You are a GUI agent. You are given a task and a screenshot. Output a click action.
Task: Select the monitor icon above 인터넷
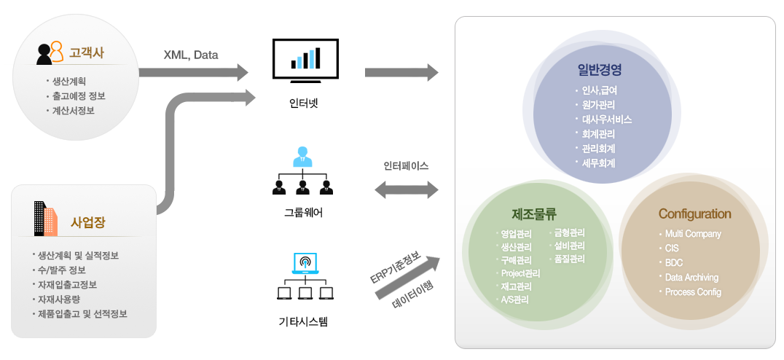(305, 59)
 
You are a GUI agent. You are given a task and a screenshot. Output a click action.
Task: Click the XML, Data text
(190, 54)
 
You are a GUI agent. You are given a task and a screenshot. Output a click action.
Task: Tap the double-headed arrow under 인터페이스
(406, 190)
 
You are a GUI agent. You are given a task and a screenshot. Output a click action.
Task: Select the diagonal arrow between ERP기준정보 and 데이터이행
(408, 278)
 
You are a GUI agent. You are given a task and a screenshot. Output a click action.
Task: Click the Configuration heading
(694, 214)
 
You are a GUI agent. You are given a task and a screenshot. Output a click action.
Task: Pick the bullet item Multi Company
(692, 234)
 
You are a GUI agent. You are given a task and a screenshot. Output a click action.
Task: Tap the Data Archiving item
(691, 277)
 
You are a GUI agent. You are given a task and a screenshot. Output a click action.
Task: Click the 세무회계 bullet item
(598, 163)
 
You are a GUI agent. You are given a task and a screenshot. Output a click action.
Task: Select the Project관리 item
(520, 273)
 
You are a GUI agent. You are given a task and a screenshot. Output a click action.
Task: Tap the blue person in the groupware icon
(302, 156)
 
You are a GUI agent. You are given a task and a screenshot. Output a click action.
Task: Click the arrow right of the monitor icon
(401, 71)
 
